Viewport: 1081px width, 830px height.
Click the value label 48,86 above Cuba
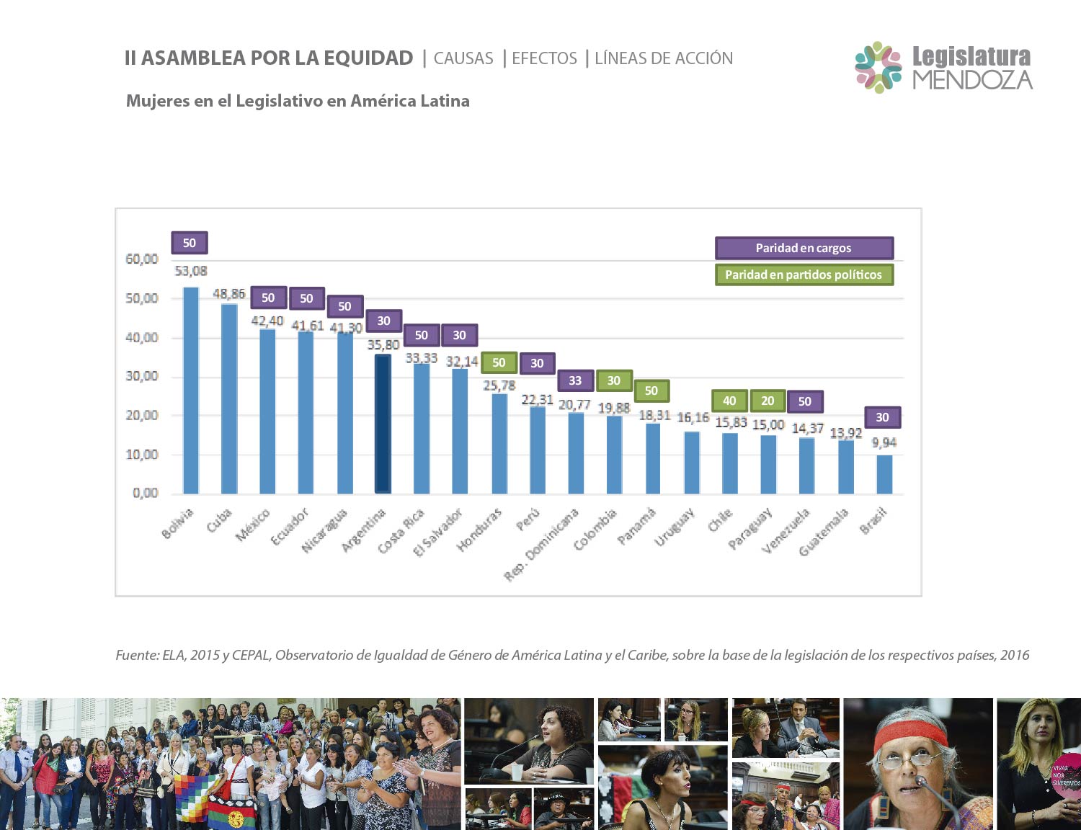229,294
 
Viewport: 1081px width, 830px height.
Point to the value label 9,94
884,442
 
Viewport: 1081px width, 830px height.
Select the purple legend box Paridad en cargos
804,248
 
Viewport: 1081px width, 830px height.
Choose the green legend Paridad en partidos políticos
804,275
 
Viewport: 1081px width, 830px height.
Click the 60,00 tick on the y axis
142,259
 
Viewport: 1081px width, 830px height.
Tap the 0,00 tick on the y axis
146,493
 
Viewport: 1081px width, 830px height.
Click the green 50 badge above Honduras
499,362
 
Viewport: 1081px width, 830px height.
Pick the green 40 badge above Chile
729,401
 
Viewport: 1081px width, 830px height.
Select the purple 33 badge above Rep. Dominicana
575,380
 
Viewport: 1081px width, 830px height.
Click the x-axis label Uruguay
675,527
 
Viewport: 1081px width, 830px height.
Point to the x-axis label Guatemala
824,532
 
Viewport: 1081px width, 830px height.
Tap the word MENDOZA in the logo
972,79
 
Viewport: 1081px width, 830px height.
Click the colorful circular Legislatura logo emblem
878,67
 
